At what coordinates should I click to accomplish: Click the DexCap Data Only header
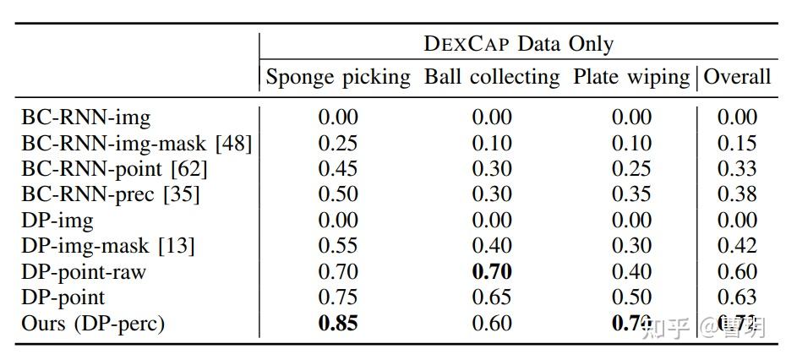[x=518, y=44]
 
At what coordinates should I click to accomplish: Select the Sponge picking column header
[x=338, y=77]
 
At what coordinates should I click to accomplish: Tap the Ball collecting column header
[x=492, y=77]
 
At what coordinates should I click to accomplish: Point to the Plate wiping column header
[x=631, y=77]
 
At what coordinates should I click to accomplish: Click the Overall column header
[x=737, y=77]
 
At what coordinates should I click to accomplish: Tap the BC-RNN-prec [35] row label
[x=111, y=195]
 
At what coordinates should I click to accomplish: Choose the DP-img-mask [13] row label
[x=108, y=247]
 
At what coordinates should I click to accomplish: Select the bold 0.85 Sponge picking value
[x=338, y=324]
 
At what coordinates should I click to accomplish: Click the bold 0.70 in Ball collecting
[x=492, y=272]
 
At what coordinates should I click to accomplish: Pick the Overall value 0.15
[x=737, y=144]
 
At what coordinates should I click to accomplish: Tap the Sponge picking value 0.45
[x=338, y=169]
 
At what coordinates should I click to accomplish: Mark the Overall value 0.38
[x=737, y=195]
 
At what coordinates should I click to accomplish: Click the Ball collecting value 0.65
[x=492, y=298]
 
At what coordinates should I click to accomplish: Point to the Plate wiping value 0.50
[x=631, y=298]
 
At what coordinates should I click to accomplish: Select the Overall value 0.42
[x=737, y=247]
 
